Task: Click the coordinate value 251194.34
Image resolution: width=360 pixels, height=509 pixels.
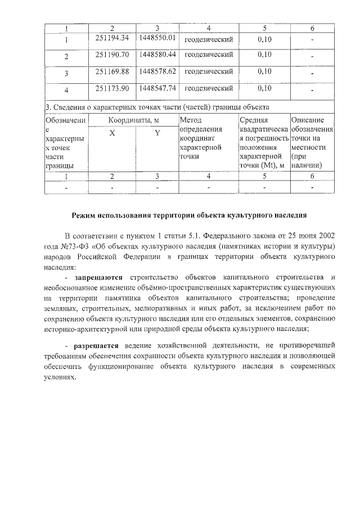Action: point(112,38)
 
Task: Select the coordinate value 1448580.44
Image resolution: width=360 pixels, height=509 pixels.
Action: point(157,55)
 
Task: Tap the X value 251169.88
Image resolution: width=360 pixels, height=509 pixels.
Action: point(112,71)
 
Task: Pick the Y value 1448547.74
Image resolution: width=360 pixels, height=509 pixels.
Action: point(157,88)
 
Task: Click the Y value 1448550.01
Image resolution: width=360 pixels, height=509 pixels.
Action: point(157,38)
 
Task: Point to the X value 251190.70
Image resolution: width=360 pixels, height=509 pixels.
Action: point(112,55)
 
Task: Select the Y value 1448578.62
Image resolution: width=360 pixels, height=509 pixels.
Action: point(157,71)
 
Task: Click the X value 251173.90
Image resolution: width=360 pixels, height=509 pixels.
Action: point(112,88)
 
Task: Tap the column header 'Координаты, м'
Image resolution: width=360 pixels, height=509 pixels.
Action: point(134,120)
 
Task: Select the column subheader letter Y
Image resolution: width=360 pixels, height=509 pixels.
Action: point(157,133)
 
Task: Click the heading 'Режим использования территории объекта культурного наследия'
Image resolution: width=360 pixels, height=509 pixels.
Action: point(189,215)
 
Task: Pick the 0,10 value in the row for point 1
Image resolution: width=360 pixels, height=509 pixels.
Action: point(264,38)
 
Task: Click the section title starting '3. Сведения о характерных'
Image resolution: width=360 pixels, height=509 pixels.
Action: point(157,107)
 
